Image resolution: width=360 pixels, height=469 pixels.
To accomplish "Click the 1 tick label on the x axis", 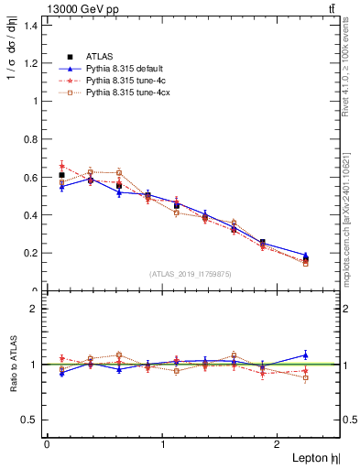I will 163,444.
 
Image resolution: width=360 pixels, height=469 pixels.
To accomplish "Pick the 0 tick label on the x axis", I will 47,444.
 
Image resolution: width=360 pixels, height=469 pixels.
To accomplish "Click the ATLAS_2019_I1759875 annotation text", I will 190,274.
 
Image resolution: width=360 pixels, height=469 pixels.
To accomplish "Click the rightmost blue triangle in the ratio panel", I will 305,354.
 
